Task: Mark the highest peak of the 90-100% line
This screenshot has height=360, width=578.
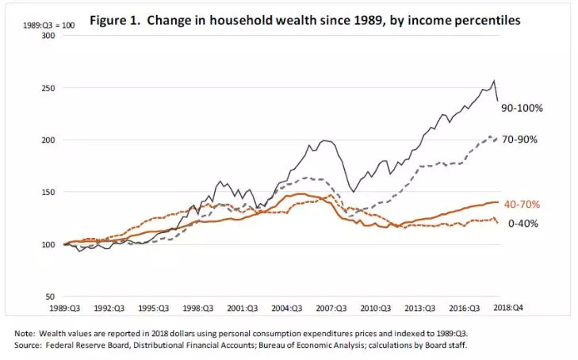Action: [495, 81]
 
